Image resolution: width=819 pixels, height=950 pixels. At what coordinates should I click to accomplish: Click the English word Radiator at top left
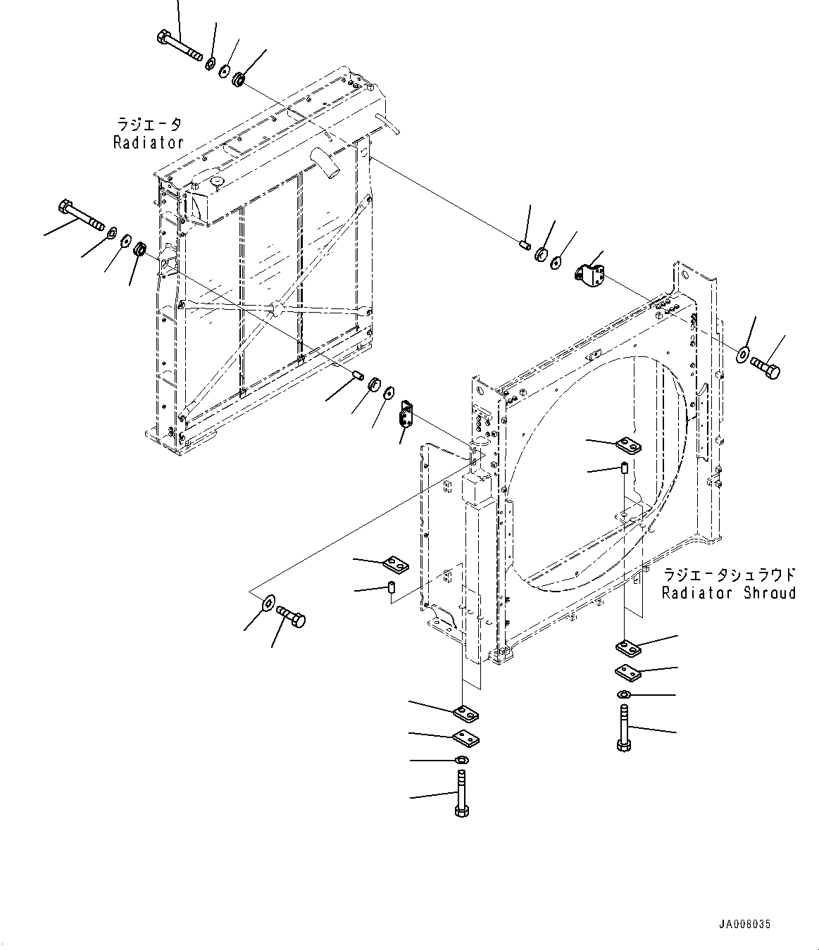pos(148,142)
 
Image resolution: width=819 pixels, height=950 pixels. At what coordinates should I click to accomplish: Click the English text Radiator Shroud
pos(728,593)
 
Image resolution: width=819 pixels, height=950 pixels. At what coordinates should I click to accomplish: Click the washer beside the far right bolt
pos(744,354)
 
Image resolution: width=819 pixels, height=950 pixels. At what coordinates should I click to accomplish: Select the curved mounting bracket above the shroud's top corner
pos(590,275)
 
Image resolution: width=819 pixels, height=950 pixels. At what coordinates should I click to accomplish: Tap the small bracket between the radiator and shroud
pos(406,413)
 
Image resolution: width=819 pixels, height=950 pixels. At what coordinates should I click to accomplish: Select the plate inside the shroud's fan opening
pos(627,445)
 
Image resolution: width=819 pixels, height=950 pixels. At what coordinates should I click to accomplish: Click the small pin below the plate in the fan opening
pos(624,468)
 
